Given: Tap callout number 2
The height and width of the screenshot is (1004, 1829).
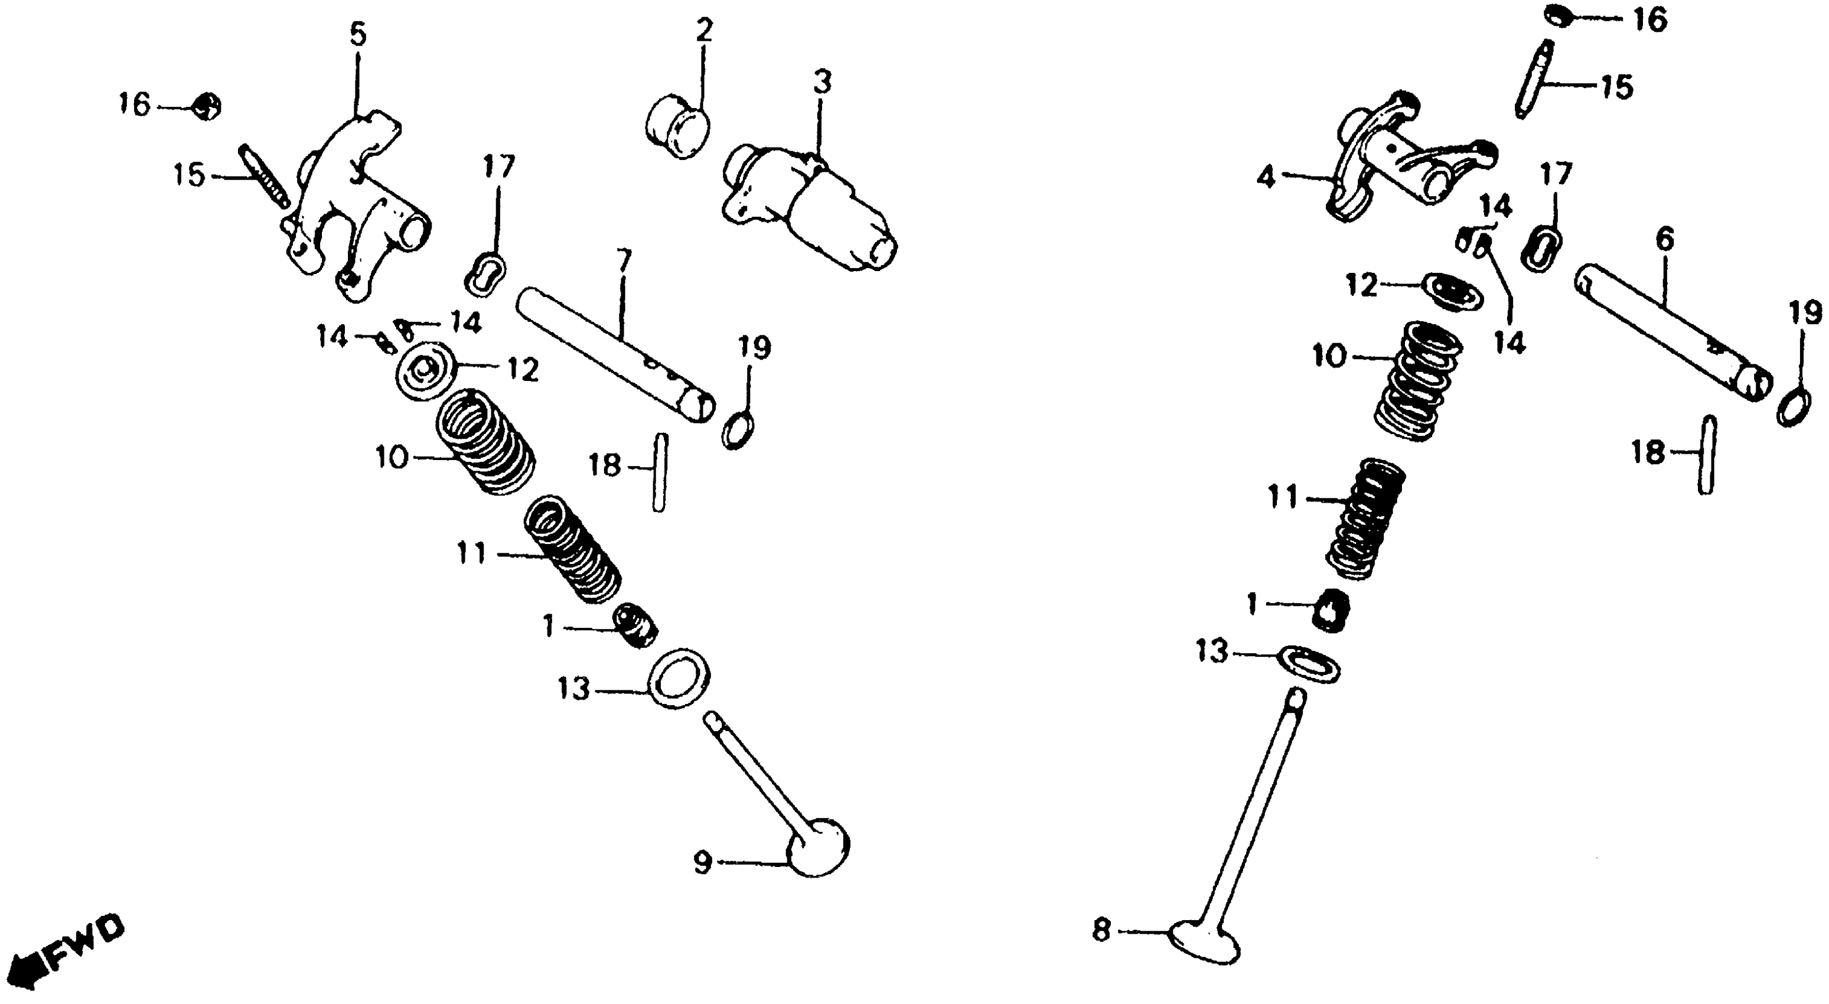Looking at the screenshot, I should coord(703,30).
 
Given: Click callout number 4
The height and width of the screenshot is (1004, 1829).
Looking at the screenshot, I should coord(1266,177).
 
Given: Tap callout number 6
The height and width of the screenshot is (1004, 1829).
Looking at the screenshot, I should coord(1664,239).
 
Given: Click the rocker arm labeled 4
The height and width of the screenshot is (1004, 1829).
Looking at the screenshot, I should coord(1413,167).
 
